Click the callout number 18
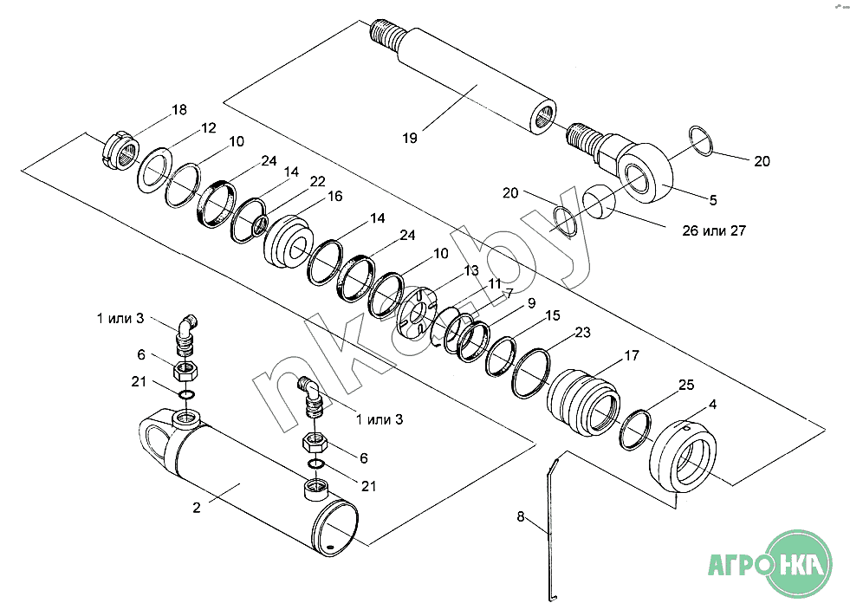coord(178,109)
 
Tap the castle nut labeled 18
coord(121,150)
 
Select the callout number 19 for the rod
coord(410,138)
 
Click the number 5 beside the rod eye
coord(713,200)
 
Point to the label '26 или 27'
coord(714,230)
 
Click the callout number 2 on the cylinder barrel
coord(196,508)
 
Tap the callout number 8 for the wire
coord(521,516)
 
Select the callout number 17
coord(632,356)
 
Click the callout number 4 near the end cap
coord(713,404)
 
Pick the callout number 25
coord(686,385)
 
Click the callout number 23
coord(582,332)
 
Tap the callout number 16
coord(335,196)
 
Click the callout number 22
coord(317,181)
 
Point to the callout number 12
coord(208,127)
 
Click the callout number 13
coord(471,270)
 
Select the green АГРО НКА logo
coord(770,565)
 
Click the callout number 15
coord(553,315)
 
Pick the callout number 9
coord(531,302)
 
